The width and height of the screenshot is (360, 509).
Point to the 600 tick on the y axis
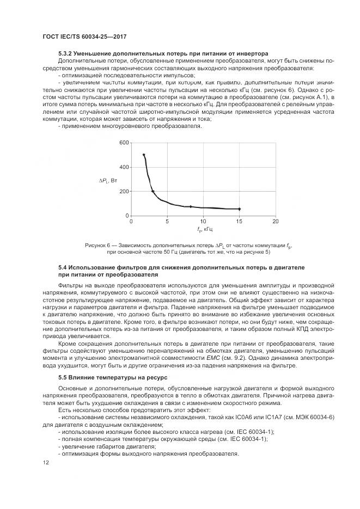click(124, 143)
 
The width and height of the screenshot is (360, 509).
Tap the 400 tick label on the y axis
click(124, 167)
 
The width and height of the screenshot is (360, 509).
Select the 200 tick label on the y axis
click(124, 192)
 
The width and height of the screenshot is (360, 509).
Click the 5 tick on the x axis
click(167, 222)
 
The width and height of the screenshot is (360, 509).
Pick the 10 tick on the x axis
click(203, 222)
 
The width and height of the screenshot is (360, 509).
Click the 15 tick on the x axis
click(239, 222)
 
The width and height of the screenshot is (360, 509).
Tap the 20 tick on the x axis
click(276, 222)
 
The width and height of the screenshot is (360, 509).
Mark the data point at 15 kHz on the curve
click(239, 209)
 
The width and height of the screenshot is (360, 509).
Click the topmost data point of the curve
click(144, 155)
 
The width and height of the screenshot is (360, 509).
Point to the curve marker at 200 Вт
click(153, 191)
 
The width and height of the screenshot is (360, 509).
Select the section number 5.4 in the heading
click(63, 268)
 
